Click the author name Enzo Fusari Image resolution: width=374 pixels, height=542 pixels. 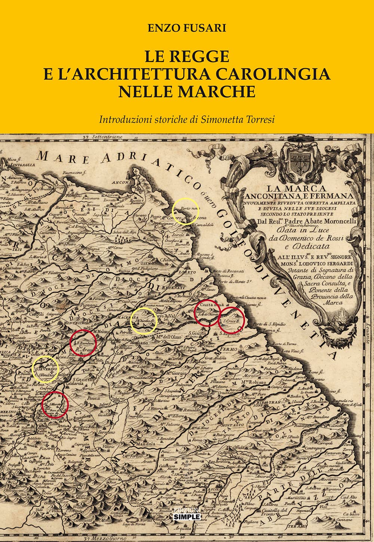click(187, 28)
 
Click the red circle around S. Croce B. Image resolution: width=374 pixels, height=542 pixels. click(231, 320)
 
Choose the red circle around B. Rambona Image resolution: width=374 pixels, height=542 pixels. click(83, 343)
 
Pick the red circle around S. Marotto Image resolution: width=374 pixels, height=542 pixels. click(55, 404)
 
